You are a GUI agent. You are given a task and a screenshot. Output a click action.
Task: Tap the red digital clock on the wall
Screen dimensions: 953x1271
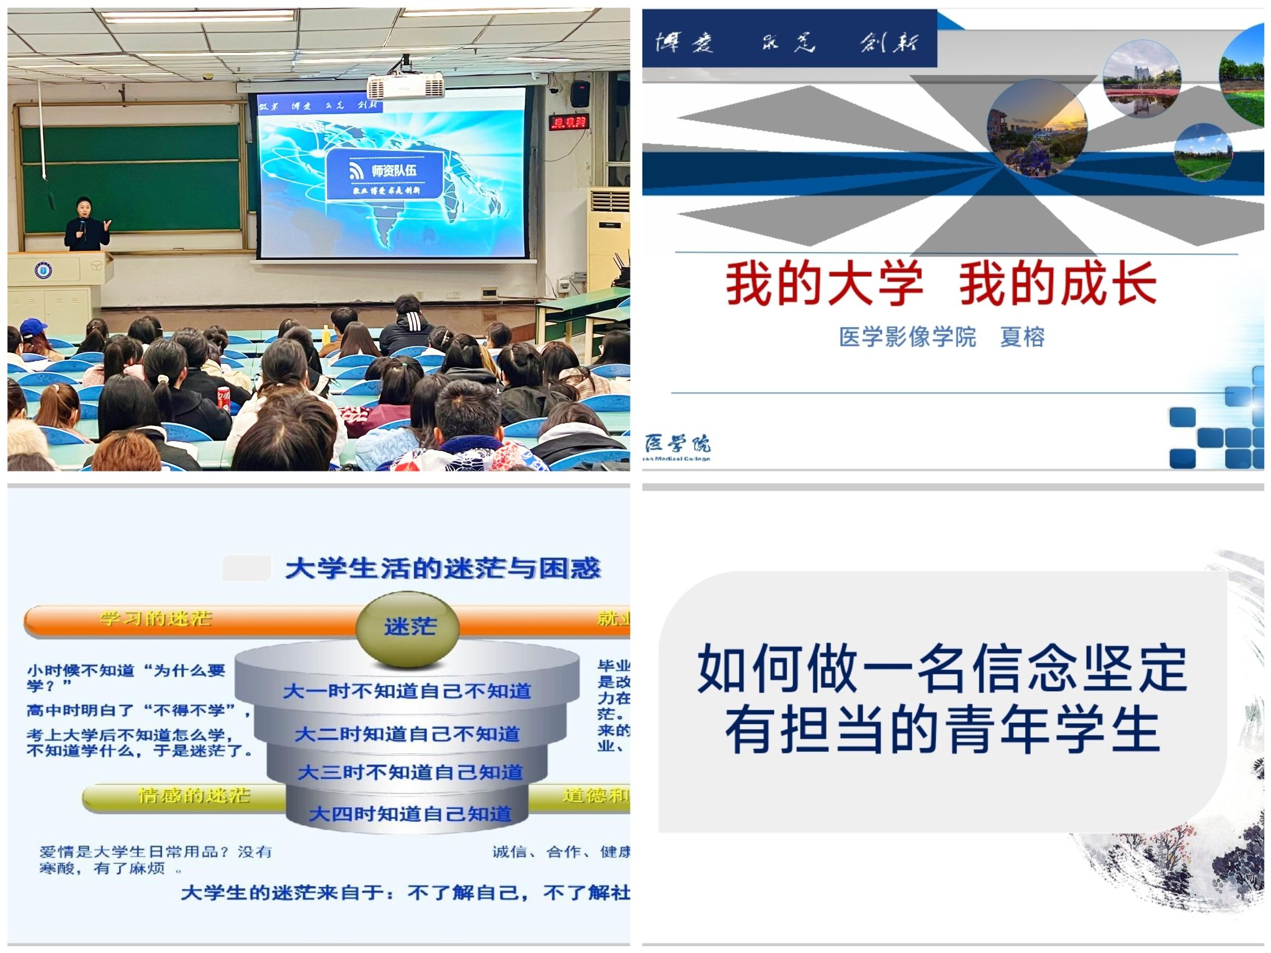click(x=569, y=122)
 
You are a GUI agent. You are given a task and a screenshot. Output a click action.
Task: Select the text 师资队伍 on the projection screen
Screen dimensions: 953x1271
click(x=393, y=170)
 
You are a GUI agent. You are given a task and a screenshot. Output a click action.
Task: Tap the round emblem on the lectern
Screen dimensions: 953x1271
click(x=43, y=271)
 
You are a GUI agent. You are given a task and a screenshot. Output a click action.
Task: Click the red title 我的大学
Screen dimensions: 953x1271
click(x=824, y=284)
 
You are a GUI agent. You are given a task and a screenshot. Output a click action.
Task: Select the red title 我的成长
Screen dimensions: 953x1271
click(x=1058, y=284)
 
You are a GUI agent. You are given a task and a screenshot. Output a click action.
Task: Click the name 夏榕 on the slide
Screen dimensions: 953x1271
click(x=1022, y=337)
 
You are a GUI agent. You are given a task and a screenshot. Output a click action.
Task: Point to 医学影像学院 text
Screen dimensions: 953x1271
click(x=907, y=337)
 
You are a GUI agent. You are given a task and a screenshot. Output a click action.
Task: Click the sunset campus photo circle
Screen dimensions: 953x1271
click(x=1037, y=127)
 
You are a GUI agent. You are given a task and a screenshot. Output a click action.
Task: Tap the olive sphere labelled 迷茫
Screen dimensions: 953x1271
click(x=408, y=627)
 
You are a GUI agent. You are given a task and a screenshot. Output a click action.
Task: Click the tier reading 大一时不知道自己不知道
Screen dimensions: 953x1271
click(x=407, y=691)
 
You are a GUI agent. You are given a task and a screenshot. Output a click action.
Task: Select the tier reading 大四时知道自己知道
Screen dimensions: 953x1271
click(x=410, y=813)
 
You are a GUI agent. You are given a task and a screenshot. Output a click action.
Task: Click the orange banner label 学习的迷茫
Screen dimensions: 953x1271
click(x=156, y=619)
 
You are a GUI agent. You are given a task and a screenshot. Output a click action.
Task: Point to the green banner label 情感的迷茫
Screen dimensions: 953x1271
click(x=194, y=795)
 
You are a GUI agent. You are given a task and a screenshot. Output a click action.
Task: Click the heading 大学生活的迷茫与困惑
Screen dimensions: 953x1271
click(x=442, y=568)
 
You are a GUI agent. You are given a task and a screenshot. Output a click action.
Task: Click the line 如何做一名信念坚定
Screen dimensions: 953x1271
click(x=941, y=669)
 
